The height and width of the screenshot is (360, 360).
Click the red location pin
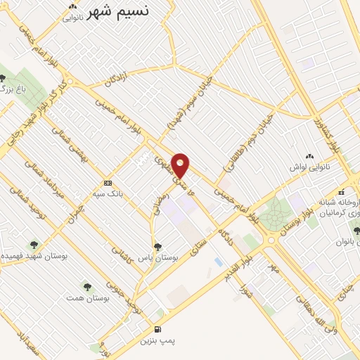pos(181,165)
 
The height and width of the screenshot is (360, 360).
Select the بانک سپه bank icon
pos(107,181)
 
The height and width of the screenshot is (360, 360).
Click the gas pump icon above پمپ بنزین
pos(157,329)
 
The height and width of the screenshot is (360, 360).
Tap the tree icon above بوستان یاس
pos(157,247)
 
